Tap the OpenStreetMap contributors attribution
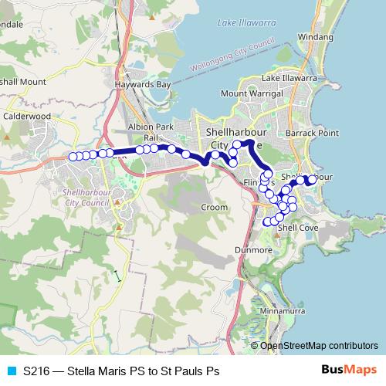point(319,345)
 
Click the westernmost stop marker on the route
point(72,157)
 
